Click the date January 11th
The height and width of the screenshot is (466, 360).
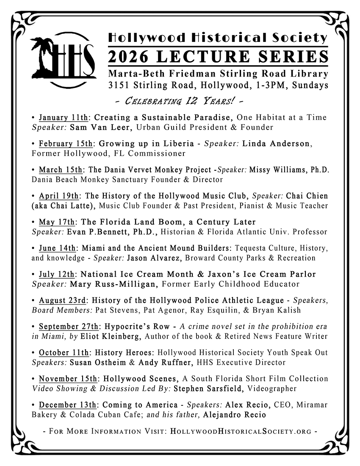pos(61,117)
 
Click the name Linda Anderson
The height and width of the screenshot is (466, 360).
pos(281,144)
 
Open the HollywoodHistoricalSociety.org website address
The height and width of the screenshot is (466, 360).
pos(240,432)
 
